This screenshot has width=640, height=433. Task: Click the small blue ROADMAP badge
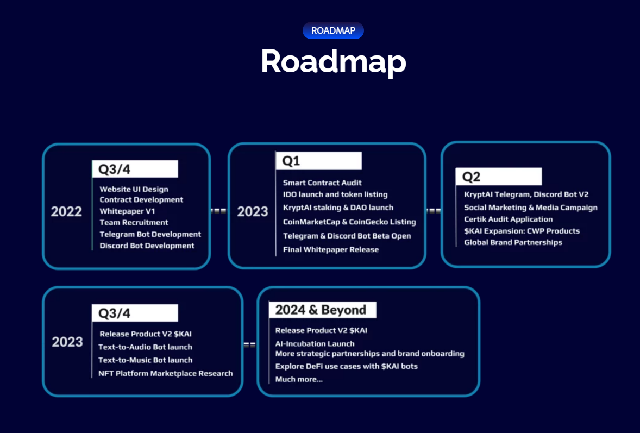click(333, 30)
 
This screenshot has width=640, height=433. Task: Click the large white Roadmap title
click(333, 61)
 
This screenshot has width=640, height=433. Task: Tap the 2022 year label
click(66, 211)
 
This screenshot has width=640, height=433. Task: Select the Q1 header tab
click(318, 161)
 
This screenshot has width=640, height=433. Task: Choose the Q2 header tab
click(498, 177)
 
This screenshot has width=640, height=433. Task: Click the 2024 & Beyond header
click(322, 310)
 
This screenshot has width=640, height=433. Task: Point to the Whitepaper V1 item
click(127, 211)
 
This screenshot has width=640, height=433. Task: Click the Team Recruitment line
click(134, 222)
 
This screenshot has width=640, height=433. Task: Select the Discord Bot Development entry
click(147, 246)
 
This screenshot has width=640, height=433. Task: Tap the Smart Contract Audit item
click(322, 183)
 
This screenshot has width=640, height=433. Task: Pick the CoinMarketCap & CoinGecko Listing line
click(349, 222)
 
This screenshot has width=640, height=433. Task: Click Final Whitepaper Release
click(331, 249)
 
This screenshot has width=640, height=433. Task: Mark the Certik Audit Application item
click(508, 219)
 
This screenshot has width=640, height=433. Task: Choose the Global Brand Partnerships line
click(513, 242)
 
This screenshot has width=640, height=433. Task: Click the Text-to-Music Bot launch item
click(145, 360)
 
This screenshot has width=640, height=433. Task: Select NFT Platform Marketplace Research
click(165, 373)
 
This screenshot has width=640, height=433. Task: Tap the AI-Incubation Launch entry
click(315, 343)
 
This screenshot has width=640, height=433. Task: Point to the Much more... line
click(299, 379)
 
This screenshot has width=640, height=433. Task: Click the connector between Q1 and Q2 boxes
click(434, 211)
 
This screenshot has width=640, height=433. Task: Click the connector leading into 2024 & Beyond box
click(249, 344)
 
